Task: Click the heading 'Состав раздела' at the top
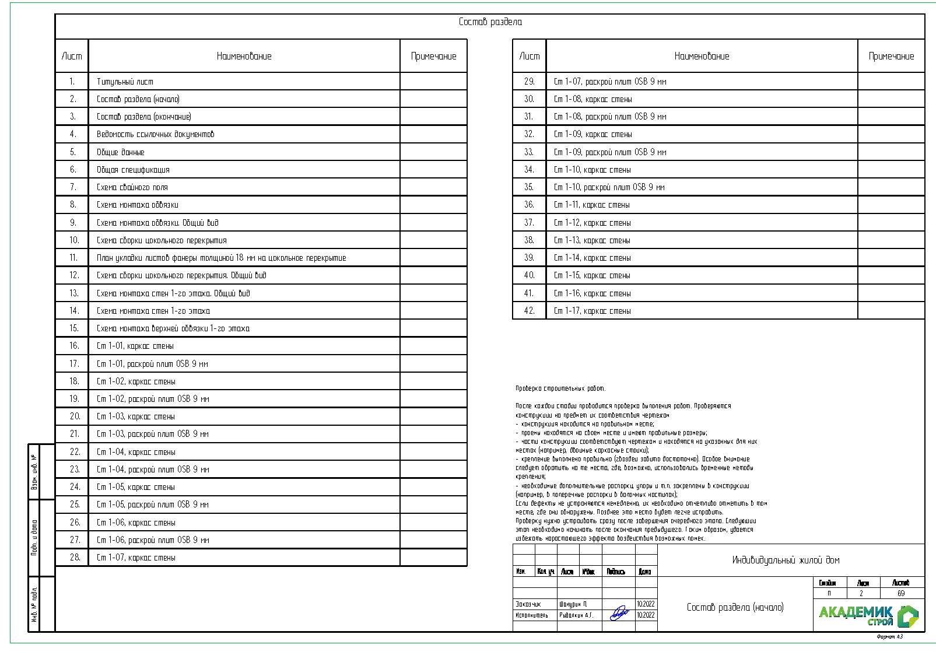[490, 22]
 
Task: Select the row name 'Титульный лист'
[125, 82]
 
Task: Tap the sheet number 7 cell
[73, 187]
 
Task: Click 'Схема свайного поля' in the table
[132, 187]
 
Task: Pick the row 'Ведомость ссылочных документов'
[155, 134]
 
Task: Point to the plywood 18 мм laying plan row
[221, 258]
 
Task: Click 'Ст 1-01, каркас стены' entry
[135, 346]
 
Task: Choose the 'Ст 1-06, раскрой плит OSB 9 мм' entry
[152, 540]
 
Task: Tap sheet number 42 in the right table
[529, 311]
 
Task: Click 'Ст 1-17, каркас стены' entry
[592, 311]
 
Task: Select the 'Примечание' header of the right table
[891, 57]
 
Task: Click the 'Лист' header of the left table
[72, 57]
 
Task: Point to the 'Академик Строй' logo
[868, 615]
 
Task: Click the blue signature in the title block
[619, 614]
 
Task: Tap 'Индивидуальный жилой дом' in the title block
[786, 560]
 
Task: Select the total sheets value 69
[901, 593]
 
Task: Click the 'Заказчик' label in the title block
[528, 604]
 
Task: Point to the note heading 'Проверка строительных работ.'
[560, 388]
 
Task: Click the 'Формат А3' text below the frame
[890, 637]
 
